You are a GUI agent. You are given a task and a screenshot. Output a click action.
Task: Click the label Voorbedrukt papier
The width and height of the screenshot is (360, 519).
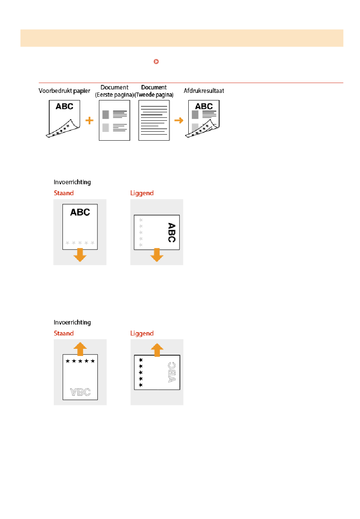(x=64, y=91)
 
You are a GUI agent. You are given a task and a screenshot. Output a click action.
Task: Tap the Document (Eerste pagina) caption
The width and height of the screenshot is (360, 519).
(x=114, y=91)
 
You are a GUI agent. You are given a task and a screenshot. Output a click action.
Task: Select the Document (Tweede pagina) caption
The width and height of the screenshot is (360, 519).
(x=154, y=91)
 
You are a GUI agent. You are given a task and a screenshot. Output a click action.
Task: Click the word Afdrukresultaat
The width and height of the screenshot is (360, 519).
(x=204, y=91)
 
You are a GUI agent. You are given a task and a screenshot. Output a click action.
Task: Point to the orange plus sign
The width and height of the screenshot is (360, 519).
(x=89, y=121)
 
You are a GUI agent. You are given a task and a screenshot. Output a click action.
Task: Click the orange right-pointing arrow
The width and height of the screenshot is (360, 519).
(x=179, y=121)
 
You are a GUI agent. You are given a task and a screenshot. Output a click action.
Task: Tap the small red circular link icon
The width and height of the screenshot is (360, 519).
(x=156, y=61)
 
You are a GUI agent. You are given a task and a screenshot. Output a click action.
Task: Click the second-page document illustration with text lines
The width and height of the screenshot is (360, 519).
(x=154, y=121)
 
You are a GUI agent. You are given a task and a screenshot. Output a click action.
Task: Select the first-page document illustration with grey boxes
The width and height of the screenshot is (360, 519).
(x=114, y=121)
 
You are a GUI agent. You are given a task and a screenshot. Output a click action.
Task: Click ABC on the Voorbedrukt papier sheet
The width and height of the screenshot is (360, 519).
(x=64, y=107)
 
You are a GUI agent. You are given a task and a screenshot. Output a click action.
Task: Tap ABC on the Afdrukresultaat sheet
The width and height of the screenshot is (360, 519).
(x=204, y=107)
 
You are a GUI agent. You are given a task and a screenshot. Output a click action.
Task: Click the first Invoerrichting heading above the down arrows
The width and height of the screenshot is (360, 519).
(x=72, y=182)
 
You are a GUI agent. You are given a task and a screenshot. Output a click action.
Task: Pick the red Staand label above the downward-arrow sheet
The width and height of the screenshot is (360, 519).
(x=64, y=193)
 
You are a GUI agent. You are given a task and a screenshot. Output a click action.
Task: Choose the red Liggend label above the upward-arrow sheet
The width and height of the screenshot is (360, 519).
(x=142, y=333)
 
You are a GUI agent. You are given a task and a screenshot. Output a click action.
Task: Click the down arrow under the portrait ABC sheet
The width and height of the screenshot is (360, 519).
(x=80, y=255)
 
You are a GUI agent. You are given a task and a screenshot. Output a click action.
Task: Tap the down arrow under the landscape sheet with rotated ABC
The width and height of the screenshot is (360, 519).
(x=157, y=255)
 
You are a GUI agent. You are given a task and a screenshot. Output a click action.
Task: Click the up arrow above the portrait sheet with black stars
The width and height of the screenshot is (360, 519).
(x=80, y=348)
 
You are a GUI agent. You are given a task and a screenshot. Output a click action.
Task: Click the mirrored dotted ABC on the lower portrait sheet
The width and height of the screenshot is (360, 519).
(x=80, y=392)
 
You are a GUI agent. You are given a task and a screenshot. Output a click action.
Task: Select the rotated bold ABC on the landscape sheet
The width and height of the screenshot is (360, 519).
(x=172, y=232)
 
